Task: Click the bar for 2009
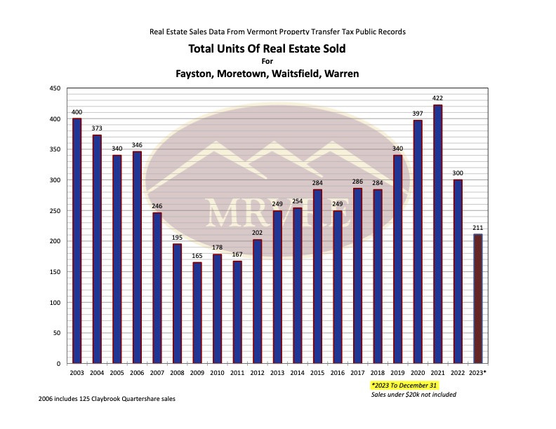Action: (197, 313)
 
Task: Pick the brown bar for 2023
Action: (479, 299)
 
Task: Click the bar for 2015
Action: (317, 276)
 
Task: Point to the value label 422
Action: (438, 99)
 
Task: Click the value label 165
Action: (197, 257)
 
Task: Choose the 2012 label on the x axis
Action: (257, 372)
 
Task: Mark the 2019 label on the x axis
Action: (397, 372)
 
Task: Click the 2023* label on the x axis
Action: (479, 372)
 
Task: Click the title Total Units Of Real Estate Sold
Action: (267, 49)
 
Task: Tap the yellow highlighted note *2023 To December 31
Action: (405, 386)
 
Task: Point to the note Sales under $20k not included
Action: (413, 395)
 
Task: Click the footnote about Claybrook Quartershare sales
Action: (107, 399)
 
